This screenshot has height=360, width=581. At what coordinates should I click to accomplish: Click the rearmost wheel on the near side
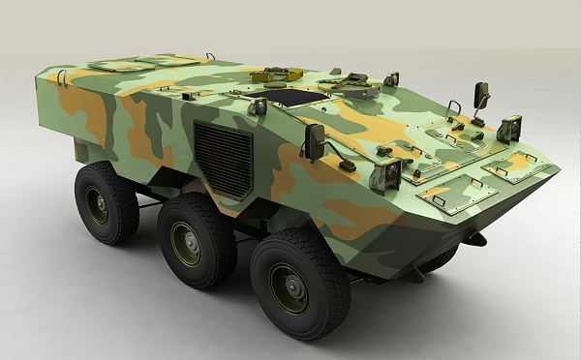coord(107,201)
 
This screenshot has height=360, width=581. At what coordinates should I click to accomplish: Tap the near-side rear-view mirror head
coord(315,141)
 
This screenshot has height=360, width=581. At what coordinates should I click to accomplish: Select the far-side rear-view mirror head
coord(481,95)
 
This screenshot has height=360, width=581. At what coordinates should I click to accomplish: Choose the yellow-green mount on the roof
coord(271,74)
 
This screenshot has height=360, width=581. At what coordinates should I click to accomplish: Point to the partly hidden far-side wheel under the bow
coord(441,258)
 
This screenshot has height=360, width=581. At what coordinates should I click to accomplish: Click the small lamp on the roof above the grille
coord(258,105)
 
